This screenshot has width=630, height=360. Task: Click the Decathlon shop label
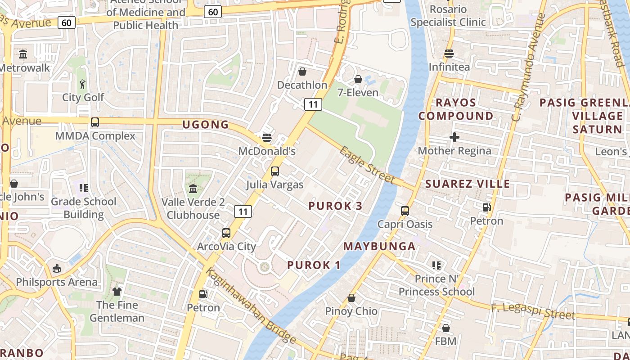(x=302, y=85)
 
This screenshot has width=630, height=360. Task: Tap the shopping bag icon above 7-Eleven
(x=358, y=80)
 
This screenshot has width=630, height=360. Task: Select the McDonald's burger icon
(x=267, y=137)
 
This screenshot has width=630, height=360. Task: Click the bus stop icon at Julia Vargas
(x=274, y=171)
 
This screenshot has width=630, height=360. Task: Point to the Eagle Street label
(x=367, y=165)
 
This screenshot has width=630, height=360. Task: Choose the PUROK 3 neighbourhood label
(x=335, y=206)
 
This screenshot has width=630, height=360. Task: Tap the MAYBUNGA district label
(x=379, y=246)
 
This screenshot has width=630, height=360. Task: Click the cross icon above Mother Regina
(x=454, y=137)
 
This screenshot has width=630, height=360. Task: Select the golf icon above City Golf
(x=82, y=84)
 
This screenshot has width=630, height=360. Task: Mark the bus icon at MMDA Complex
(x=95, y=122)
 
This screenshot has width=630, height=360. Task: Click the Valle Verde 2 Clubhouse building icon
(x=193, y=189)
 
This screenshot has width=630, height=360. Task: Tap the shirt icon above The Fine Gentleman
(x=117, y=292)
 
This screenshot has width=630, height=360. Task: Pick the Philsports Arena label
(x=57, y=282)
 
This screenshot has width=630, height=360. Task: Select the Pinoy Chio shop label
(x=351, y=311)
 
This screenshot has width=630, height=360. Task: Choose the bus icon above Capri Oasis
(x=405, y=211)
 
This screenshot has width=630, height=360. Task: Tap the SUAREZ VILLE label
(x=468, y=184)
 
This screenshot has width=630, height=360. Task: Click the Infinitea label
(x=449, y=67)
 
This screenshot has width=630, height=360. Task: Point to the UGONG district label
(x=206, y=125)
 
